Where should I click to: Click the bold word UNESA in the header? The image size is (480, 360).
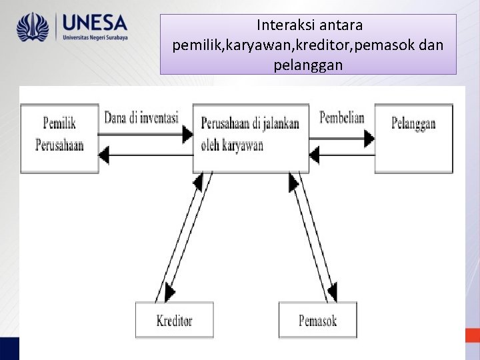point(94,23)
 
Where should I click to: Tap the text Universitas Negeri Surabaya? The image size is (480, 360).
point(95,39)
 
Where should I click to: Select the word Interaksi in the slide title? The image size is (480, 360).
point(282,26)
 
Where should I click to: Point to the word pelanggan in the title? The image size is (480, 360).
point(308,65)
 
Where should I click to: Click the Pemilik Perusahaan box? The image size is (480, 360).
point(59,139)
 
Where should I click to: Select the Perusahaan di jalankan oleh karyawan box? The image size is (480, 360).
point(251,137)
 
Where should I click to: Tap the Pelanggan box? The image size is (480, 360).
point(413,138)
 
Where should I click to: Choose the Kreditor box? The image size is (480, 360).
point(175,320)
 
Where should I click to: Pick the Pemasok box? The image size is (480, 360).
point(318,320)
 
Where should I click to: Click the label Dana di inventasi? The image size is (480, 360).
point(141,118)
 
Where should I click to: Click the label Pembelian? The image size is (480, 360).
point(342,118)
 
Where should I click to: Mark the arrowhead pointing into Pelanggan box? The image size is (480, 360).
point(368,138)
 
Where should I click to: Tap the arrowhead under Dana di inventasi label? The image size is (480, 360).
point(187,133)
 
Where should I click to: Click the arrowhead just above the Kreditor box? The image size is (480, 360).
point(169,291)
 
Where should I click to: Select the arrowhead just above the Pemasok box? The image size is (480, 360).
point(331,291)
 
